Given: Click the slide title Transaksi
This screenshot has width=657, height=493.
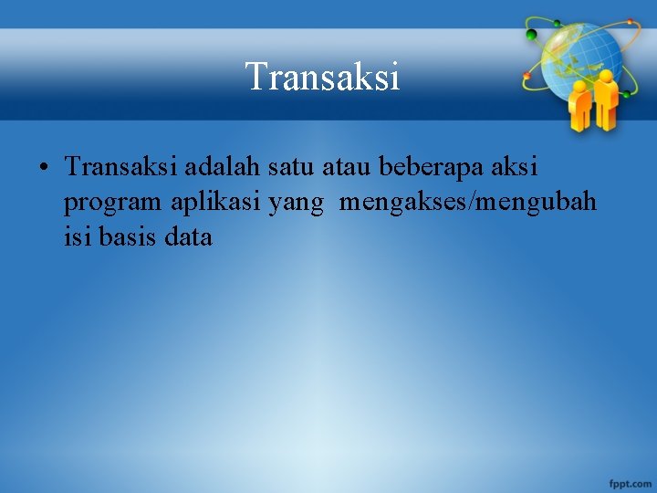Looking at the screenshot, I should [322, 77].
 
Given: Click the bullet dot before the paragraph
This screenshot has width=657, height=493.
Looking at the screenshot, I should [44, 169].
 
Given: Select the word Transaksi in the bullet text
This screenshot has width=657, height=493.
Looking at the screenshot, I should [122, 168].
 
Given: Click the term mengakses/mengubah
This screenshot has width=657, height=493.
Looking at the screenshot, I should [468, 203].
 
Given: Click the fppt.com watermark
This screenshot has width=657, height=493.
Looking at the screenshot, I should [630, 481].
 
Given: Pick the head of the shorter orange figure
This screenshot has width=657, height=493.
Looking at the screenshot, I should [579, 87].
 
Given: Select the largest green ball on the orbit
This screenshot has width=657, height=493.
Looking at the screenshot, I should [531, 35].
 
